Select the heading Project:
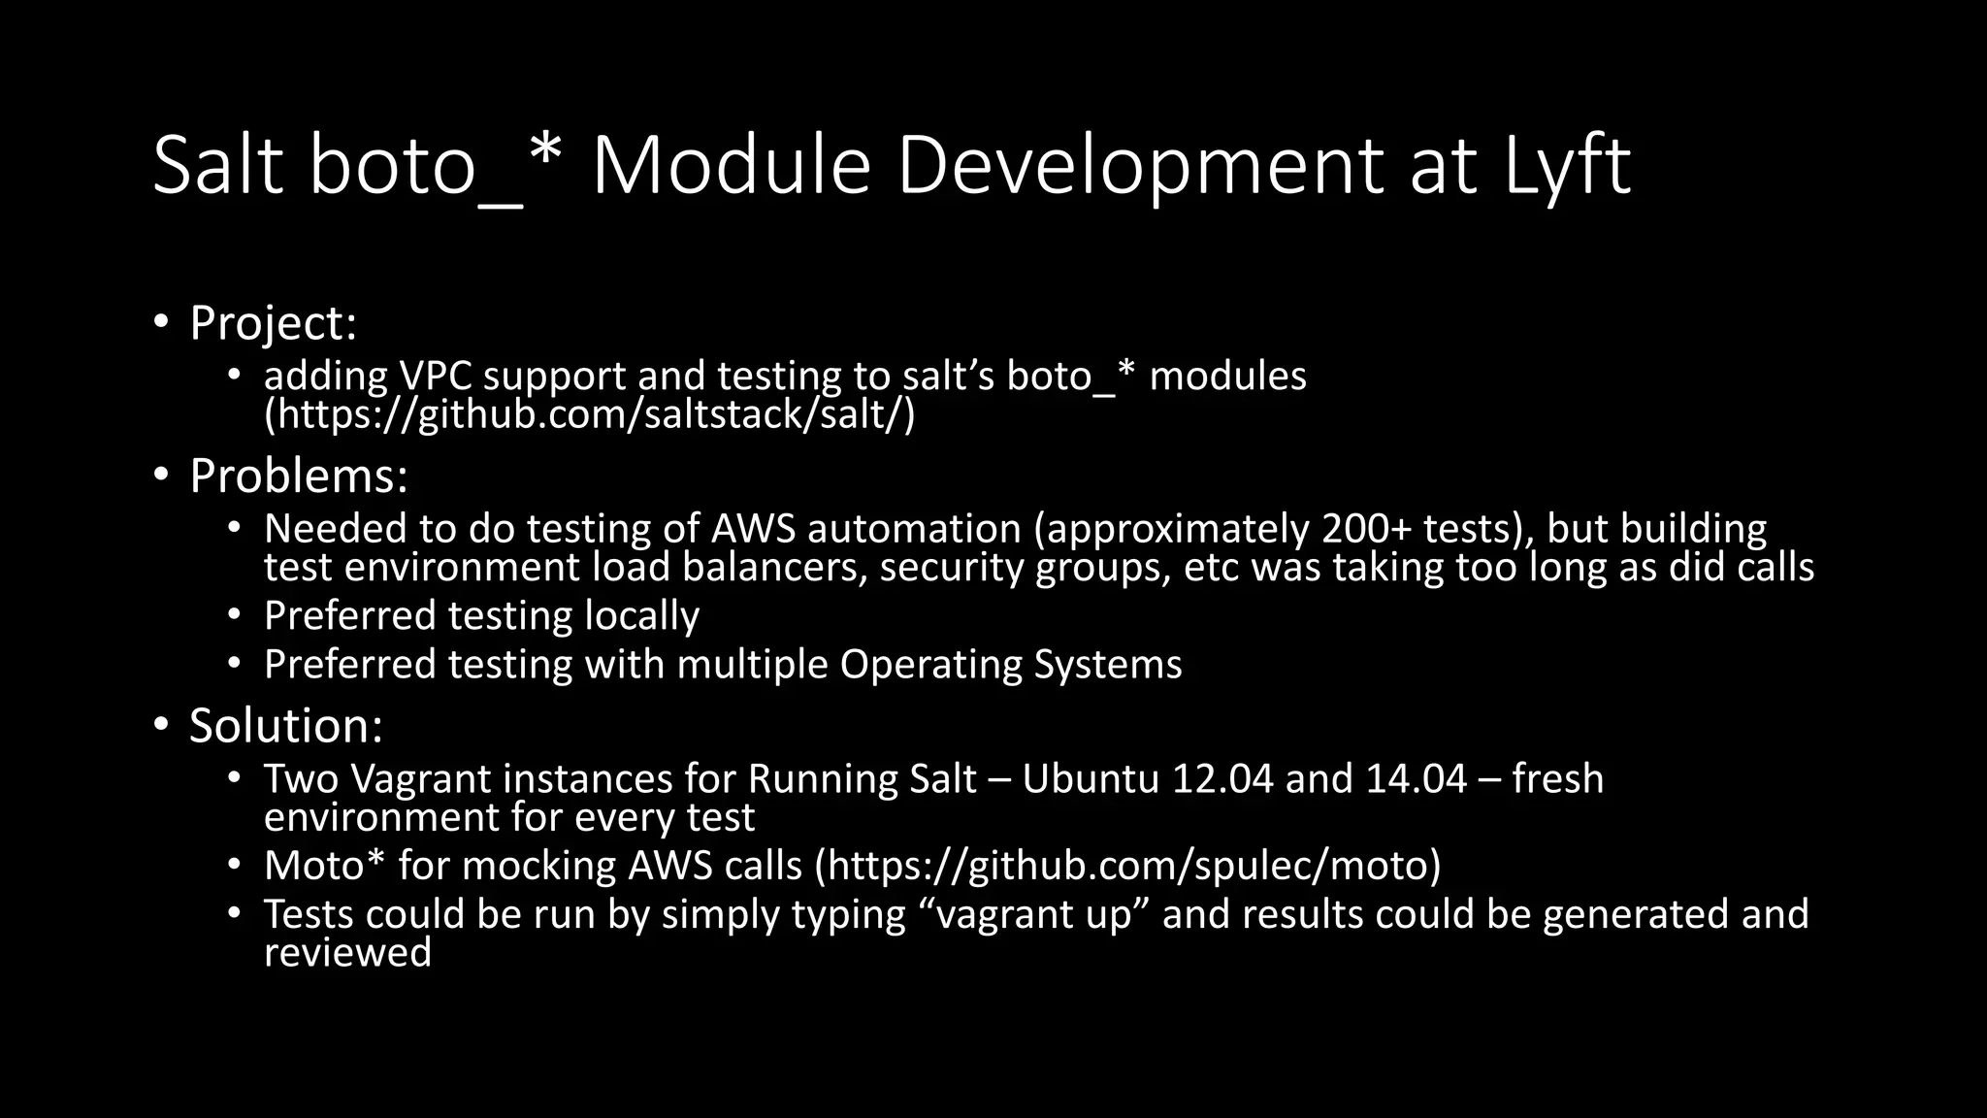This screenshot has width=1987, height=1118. (273, 323)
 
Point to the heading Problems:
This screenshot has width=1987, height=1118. (298, 476)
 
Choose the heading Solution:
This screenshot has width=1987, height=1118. (285, 725)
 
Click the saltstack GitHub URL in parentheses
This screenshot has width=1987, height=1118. (590, 414)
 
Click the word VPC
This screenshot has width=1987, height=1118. (436, 376)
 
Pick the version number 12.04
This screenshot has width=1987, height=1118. (1222, 778)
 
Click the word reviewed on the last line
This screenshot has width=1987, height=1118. (347, 953)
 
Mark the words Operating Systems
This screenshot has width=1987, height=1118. (1011, 665)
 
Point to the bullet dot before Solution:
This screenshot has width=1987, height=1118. (161, 725)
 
